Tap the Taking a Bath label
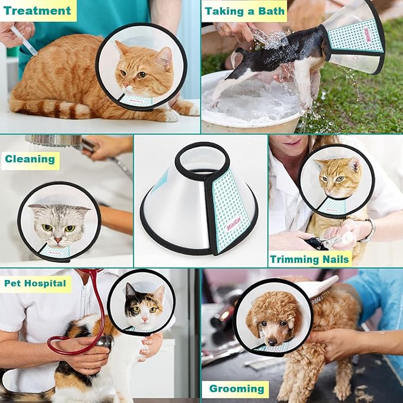[244, 10]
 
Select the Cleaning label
[30, 159]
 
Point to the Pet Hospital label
[35, 283]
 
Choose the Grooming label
[236, 389]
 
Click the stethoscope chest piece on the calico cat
[105, 341]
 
